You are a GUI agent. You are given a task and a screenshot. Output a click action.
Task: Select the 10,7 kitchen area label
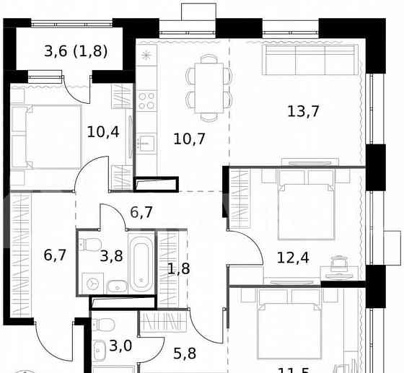189,138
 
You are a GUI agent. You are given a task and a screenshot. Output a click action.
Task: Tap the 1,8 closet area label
178,270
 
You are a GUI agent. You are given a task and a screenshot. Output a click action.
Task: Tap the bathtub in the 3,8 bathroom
141,263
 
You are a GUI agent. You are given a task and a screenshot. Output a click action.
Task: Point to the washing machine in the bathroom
92,284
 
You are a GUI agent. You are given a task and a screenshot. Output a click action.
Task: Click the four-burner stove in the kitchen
147,100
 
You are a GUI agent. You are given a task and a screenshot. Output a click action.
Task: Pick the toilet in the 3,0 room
105,324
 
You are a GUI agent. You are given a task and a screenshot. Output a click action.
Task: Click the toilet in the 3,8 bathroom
90,244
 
